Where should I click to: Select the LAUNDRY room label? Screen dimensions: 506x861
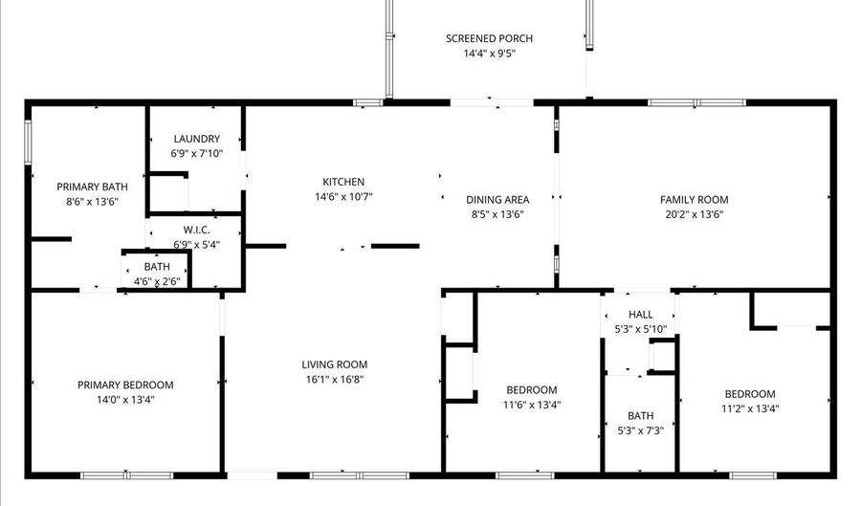pos(196,139)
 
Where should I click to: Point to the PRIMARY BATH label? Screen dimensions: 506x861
pos(86,187)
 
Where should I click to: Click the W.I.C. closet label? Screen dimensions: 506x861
pos(196,231)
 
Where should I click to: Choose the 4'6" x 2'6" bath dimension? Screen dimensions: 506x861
pos(157,281)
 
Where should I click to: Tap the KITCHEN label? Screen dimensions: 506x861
pos(342,182)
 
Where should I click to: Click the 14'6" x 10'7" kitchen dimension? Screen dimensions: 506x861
pos(342,197)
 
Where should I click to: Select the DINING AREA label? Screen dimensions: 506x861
pos(497,199)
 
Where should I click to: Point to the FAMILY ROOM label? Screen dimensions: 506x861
pos(694,199)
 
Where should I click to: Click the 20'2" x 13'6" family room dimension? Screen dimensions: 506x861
pos(694,214)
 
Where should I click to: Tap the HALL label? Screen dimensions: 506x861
pos(640,315)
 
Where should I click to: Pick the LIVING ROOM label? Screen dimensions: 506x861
pos(334,364)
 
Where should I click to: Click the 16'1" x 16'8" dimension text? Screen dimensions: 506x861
pos(334,380)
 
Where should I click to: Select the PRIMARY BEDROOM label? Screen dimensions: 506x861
pos(125,385)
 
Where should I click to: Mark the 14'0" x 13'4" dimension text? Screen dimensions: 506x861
pos(125,400)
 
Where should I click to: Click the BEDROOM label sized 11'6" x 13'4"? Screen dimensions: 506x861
pos(531,389)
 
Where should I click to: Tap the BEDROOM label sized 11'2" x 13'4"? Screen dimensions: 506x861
pos(749,394)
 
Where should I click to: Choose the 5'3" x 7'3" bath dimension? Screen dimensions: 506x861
pos(640,430)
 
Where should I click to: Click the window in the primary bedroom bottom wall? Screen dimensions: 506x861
pos(126,474)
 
